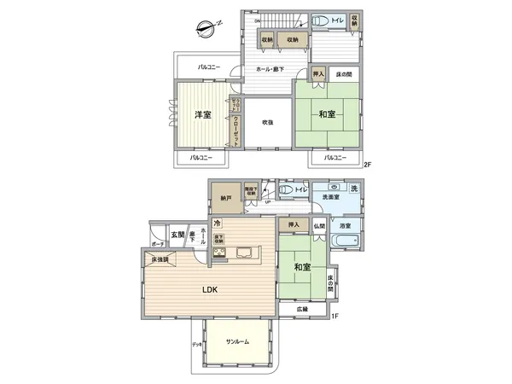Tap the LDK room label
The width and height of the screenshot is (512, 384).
click(x=209, y=290)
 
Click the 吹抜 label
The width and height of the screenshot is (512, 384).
click(x=266, y=123)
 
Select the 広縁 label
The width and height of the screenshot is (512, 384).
click(x=302, y=308)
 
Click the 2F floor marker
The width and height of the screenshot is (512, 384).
click(x=368, y=164)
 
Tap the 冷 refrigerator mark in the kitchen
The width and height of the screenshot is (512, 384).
click(x=205, y=224)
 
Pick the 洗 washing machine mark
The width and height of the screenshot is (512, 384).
click(x=354, y=188)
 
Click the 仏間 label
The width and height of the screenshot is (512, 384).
click(x=318, y=225)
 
